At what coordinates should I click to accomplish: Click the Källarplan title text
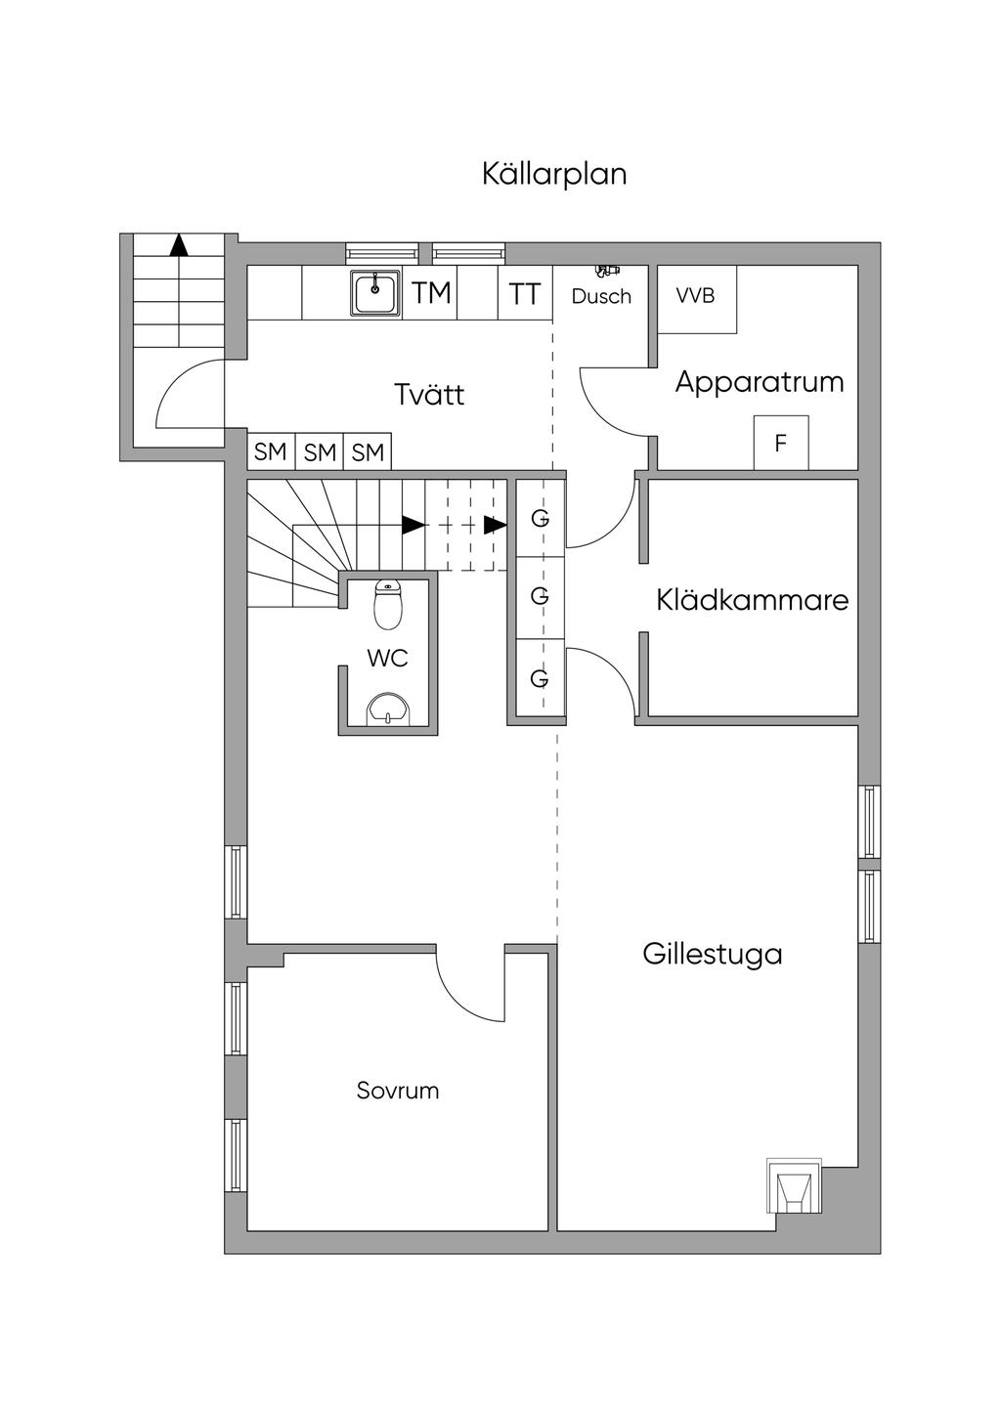(x=554, y=174)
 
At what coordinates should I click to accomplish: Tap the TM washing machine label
(x=431, y=292)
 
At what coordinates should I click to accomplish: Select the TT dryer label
(x=525, y=293)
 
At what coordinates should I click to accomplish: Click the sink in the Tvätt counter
(x=375, y=292)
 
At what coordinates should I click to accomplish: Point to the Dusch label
(x=601, y=296)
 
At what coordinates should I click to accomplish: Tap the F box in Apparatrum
(x=780, y=443)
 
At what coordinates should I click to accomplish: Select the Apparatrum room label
(x=760, y=381)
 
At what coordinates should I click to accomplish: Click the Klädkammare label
(x=753, y=599)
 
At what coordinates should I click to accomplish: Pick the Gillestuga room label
(x=713, y=954)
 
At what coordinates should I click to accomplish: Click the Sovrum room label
(x=398, y=1091)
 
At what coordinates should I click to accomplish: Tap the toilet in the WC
(x=389, y=605)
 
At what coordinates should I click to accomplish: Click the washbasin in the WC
(x=390, y=710)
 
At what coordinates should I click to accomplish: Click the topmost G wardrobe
(x=540, y=518)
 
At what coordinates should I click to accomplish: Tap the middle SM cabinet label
(x=320, y=452)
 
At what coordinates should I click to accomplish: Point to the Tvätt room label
(x=428, y=395)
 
